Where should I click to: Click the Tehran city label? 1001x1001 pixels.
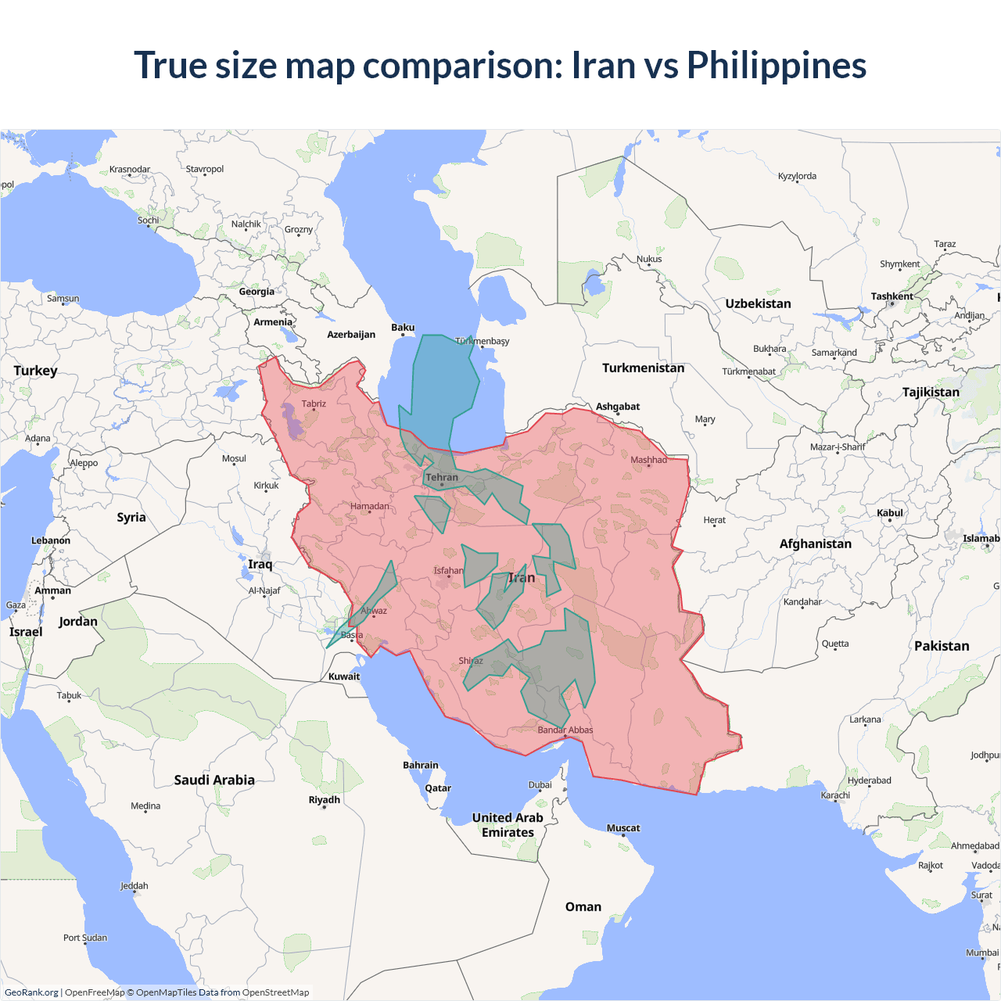tap(442, 477)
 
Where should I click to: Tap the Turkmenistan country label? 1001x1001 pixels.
tap(643, 368)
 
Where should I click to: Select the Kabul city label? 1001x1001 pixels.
tap(890, 513)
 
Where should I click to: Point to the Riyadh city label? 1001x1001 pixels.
tap(325, 800)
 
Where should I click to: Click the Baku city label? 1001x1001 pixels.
tap(403, 328)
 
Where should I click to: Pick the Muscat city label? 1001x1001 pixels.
tap(623, 828)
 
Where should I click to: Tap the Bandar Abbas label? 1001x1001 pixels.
tap(565, 730)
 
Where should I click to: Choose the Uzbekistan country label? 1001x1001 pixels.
tap(758, 304)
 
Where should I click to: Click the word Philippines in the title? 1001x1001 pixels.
tap(777, 65)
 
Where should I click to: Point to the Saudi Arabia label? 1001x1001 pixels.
tap(214, 780)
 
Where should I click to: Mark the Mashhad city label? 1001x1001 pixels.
tap(649, 460)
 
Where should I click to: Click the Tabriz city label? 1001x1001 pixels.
tap(314, 404)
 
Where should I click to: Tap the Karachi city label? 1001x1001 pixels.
tap(835, 795)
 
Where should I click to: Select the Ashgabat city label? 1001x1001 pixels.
tap(618, 407)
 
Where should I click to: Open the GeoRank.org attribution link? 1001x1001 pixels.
tap(31, 992)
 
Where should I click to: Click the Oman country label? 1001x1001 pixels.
tap(583, 907)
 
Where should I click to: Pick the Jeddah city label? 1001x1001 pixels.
tap(135, 886)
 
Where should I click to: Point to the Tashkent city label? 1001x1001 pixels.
tap(892, 297)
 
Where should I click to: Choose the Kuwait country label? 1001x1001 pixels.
tap(344, 677)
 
